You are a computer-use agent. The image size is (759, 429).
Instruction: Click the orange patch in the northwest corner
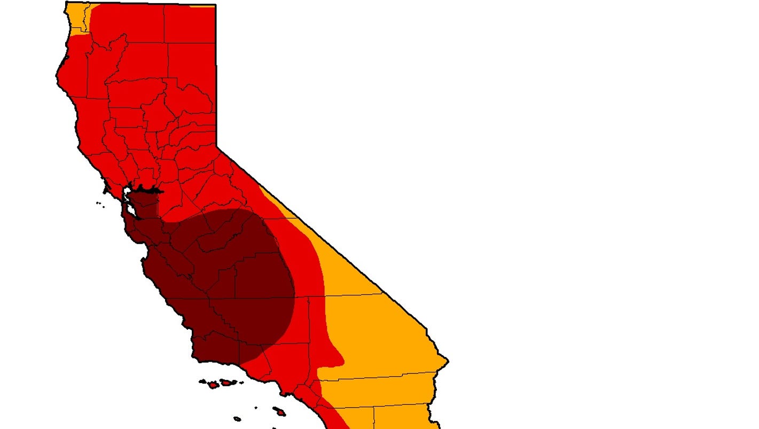pos(78,19)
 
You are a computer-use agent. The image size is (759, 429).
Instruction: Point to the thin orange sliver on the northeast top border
pos(203,6)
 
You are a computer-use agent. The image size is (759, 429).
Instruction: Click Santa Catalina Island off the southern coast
pos(279,411)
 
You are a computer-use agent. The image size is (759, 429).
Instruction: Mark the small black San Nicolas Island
pos(237,419)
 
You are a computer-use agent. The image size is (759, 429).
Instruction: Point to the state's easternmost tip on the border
pos(448,362)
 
